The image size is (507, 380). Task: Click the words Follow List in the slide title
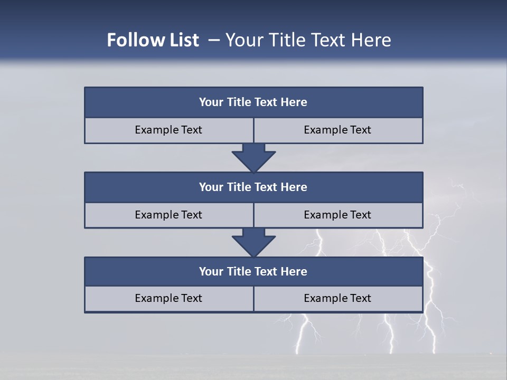[x=153, y=40]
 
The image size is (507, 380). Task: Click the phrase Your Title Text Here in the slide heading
[x=308, y=40]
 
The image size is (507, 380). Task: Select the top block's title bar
[x=253, y=102]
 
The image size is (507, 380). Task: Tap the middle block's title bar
[x=253, y=187]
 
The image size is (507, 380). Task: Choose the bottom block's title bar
[x=253, y=272]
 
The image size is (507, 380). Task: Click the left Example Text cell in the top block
[x=168, y=130]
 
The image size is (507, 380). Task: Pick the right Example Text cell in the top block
[x=337, y=130]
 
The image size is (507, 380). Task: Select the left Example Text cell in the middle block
[x=168, y=215]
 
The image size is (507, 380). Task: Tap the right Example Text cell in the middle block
[x=337, y=215]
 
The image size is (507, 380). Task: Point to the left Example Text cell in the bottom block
[x=168, y=299]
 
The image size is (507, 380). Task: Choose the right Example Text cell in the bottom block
[x=337, y=299]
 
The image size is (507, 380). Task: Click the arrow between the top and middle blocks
[x=253, y=157]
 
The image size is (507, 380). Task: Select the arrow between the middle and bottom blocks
[x=253, y=242]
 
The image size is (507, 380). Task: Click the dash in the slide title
[x=214, y=40]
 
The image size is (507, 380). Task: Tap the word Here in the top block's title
[x=294, y=102]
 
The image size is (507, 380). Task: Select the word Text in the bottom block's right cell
[x=360, y=299]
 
